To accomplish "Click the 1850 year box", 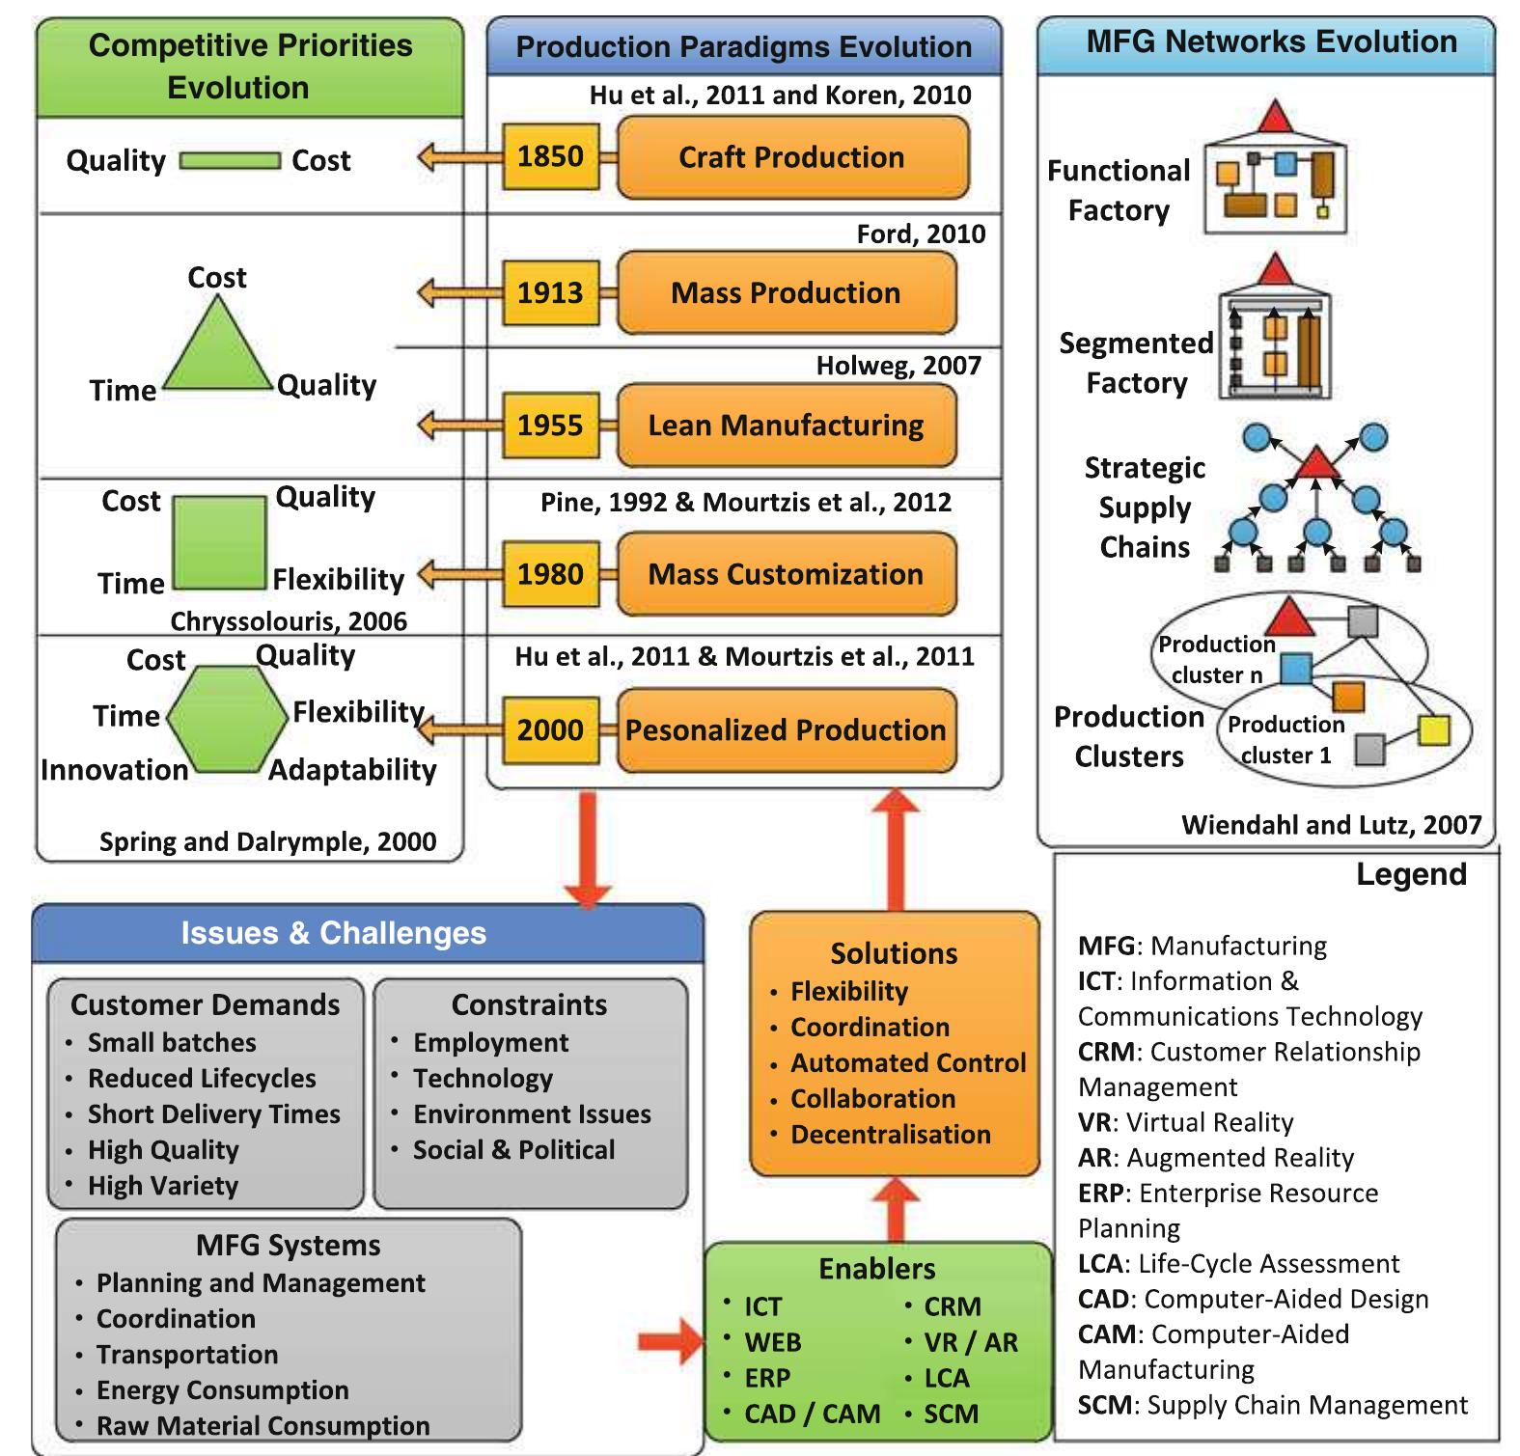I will click(550, 156).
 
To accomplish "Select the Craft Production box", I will click(791, 157).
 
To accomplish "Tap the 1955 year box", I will click(550, 426).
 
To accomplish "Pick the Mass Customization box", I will click(786, 575).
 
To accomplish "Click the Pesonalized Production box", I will click(786, 730).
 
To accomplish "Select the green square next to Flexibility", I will click(219, 543).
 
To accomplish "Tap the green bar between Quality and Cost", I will click(230, 161).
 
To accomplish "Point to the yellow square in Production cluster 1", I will click(1434, 730).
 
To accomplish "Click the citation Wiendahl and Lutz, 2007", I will click(1331, 825).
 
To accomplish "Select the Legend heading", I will click(1411, 874).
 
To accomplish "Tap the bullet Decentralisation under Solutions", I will click(890, 1135).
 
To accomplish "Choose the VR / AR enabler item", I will click(970, 1342).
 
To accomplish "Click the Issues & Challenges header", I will click(334, 933).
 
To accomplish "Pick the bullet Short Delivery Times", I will click(213, 1114).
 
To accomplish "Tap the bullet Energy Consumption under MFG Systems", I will click(222, 1390).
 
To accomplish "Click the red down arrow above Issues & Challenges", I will click(588, 849).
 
